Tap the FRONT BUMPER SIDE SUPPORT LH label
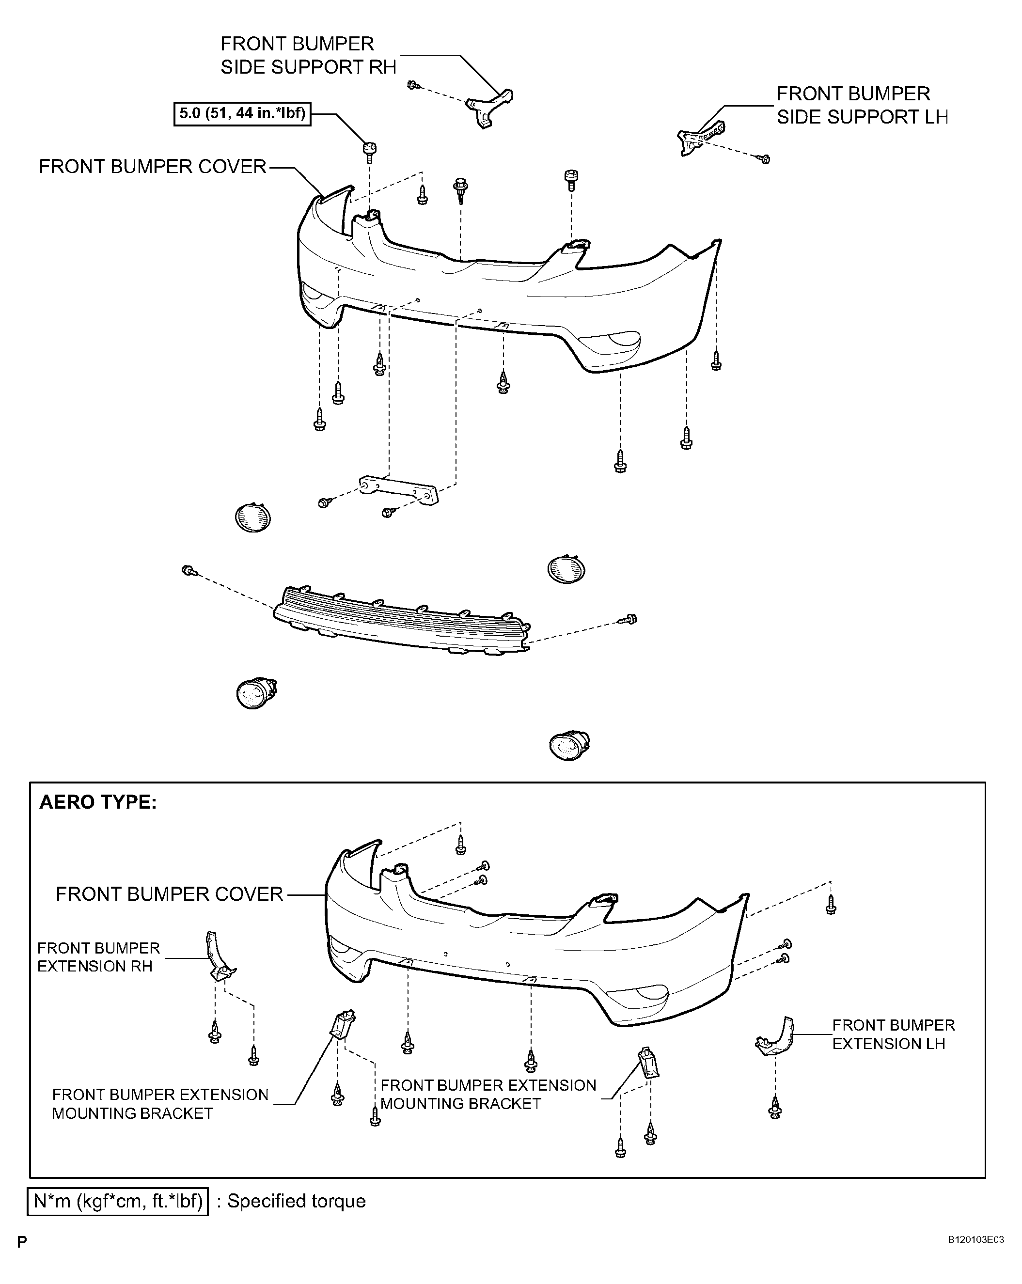[862, 106]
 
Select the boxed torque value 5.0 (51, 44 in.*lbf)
[242, 113]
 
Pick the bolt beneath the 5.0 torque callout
[370, 152]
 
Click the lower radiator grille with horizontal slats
[400, 622]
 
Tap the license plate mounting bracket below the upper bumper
[398, 489]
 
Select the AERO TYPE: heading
[98, 802]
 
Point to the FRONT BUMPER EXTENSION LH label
[894, 1034]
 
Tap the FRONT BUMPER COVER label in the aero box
[169, 894]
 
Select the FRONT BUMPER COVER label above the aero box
[153, 166]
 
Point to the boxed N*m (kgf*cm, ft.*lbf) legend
[118, 1201]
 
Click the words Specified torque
[297, 1201]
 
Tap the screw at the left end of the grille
[189, 571]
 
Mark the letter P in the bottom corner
[22, 1242]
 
